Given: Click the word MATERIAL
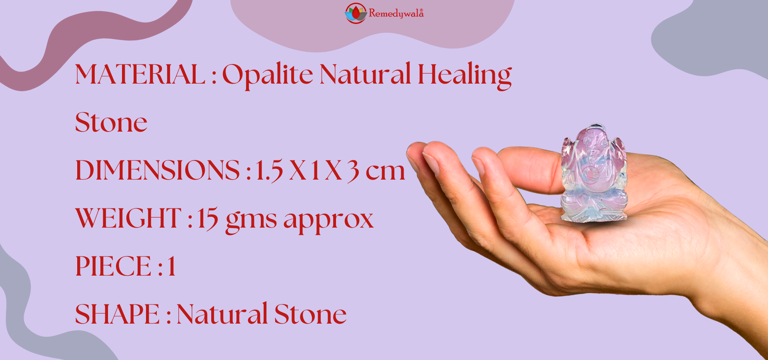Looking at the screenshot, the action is (140, 74).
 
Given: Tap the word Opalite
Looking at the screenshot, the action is (267, 75).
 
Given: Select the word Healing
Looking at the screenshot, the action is (465, 75).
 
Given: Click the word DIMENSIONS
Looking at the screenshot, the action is (158, 170).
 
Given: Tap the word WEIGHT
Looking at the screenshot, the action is (128, 218).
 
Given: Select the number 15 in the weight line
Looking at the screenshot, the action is (208, 219).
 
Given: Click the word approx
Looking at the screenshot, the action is (328, 221).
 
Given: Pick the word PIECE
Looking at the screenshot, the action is (113, 266).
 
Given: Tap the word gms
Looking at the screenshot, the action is (251, 221).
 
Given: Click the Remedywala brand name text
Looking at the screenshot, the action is (396, 14).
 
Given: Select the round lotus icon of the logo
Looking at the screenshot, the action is (356, 13).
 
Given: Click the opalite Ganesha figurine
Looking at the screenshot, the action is (594, 174).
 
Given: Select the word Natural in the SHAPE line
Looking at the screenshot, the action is (222, 314).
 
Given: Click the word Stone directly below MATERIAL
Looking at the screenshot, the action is (111, 122).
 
